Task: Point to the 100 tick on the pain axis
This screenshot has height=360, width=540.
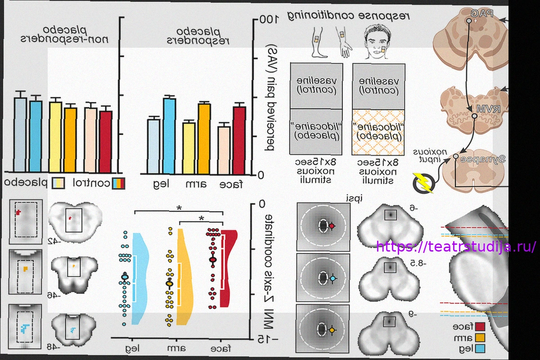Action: (x=266, y=20)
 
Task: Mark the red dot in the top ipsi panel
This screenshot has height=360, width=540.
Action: (x=332, y=226)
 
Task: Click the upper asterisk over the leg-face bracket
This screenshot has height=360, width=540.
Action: (x=180, y=208)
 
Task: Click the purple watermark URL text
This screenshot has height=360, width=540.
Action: (x=456, y=247)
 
